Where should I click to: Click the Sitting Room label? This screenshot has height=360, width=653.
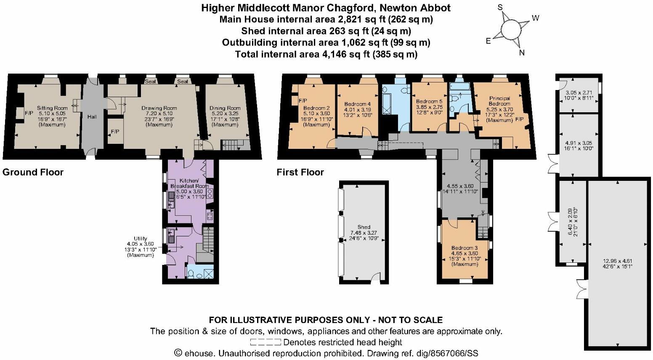[52, 108]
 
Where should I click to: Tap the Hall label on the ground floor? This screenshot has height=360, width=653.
[92, 116]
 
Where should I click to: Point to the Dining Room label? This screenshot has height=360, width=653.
[225, 108]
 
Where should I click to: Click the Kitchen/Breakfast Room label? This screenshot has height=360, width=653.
[189, 183]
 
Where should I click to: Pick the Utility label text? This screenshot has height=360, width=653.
[141, 238]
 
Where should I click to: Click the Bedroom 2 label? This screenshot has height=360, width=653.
[316, 108]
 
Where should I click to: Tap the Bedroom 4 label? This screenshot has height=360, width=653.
[357, 104]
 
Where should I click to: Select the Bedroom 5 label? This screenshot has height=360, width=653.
[429, 101]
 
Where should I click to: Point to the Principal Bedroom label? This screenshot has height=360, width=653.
[499, 101]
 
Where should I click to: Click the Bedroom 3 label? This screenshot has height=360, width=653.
[465, 248]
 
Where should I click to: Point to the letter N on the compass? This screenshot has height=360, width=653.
[522, 53]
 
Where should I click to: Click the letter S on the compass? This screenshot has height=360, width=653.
[500, 7]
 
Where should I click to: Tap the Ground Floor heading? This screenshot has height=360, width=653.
[33, 172]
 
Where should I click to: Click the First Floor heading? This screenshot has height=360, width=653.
[300, 172]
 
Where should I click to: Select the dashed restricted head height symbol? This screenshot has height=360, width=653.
[265, 342]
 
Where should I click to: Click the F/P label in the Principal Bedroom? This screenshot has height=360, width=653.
[520, 119]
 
